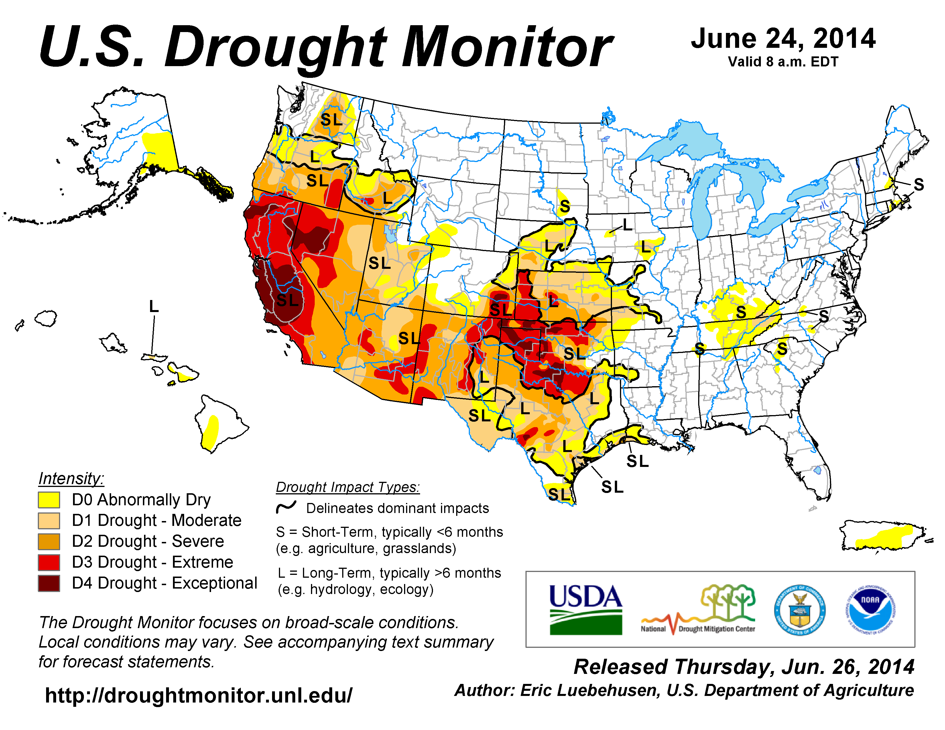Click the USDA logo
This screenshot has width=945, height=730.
point(585,610)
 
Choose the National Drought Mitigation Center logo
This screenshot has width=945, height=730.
point(698,610)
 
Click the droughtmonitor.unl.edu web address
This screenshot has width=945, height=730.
point(199,695)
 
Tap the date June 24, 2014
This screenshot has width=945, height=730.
point(783,39)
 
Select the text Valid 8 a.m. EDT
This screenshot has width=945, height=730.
point(783,62)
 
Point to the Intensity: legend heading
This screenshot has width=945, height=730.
point(71,478)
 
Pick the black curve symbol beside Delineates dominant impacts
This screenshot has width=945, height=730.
point(286,507)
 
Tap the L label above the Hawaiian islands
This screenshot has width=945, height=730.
point(153,307)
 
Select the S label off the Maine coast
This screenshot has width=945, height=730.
point(919,185)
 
